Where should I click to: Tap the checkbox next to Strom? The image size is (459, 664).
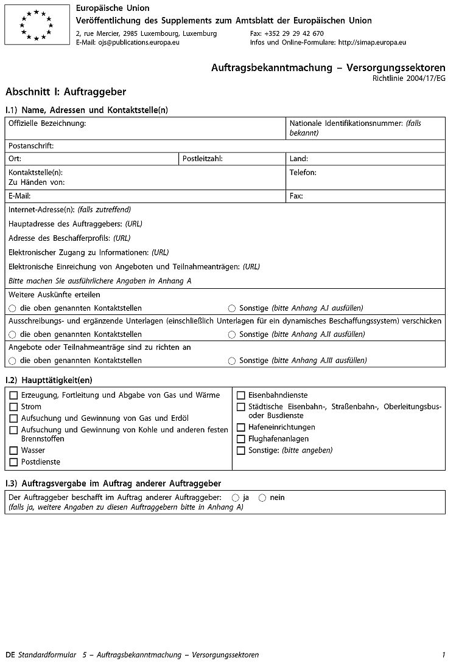pyautogui.click(x=13, y=407)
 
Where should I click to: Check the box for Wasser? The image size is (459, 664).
pyautogui.click(x=13, y=451)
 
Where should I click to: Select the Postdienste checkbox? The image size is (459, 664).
pyautogui.click(x=13, y=462)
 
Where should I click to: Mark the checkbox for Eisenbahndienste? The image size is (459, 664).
pyautogui.click(x=241, y=395)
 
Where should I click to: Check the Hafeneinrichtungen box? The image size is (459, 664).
pyautogui.click(x=241, y=427)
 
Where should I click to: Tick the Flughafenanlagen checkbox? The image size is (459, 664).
pyautogui.click(x=241, y=439)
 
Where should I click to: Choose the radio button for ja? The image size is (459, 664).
pyautogui.click(x=236, y=497)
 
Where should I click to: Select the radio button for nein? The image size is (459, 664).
pyautogui.click(x=262, y=497)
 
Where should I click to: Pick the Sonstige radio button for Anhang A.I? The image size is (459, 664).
pyautogui.click(x=232, y=308)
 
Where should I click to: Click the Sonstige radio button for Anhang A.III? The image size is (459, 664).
pyautogui.click(x=232, y=361)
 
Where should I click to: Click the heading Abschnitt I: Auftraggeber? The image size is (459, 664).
pyautogui.click(x=66, y=92)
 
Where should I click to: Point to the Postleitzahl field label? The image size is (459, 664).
pyautogui.click(x=203, y=159)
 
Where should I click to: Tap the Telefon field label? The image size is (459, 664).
pyautogui.click(x=303, y=173)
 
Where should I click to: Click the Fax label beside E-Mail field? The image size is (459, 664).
pyautogui.click(x=296, y=196)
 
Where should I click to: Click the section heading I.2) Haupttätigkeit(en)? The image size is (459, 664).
pyautogui.click(x=49, y=380)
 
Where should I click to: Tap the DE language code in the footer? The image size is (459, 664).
pyautogui.click(x=10, y=655)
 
